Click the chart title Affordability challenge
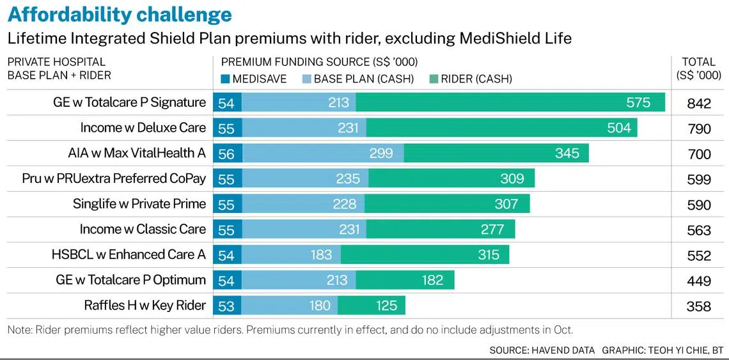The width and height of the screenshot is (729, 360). click(120, 14)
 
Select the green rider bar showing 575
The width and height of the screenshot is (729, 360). click(510, 103)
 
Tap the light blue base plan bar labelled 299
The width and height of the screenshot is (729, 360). click(323, 153)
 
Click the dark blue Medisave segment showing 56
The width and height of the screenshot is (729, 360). click(227, 153)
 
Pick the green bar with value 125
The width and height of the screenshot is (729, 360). click(371, 306)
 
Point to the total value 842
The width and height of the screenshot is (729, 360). click(699, 104)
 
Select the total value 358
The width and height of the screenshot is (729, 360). click(699, 306)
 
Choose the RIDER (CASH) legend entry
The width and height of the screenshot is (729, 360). click(471, 79)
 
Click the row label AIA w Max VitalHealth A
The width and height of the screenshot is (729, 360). click(137, 153)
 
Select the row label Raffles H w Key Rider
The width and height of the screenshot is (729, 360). click(145, 306)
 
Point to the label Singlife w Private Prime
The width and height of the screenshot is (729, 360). click(139, 204)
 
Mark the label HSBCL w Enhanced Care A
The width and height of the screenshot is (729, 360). click(129, 254)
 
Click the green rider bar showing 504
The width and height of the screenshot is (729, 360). click(501, 128)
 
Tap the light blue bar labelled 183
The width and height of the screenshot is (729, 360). click(291, 254)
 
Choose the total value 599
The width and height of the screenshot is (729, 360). click(699, 180)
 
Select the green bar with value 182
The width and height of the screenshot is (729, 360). click(405, 280)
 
